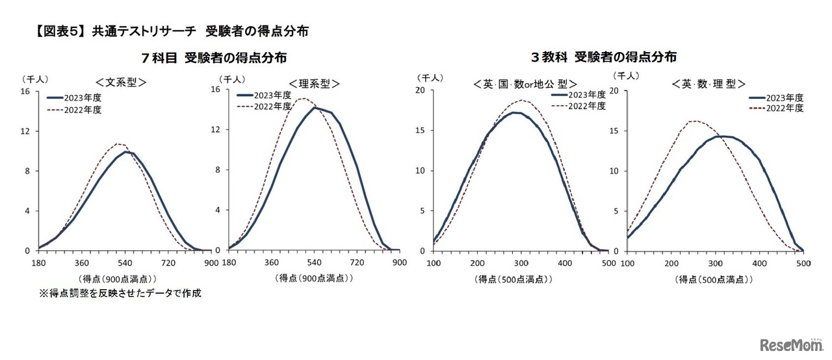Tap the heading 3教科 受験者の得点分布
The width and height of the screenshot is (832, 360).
(x=604, y=57)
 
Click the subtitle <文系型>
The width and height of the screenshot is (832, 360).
(x=121, y=83)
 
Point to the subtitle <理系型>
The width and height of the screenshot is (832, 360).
(x=315, y=84)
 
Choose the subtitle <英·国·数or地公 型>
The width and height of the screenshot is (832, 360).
(x=517, y=84)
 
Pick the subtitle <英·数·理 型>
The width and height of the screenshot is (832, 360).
(x=708, y=84)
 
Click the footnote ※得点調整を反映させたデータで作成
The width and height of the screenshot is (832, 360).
(x=120, y=293)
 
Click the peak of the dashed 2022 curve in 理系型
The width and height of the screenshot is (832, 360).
(x=302, y=99)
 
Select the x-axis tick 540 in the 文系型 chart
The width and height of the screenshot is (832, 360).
(x=125, y=263)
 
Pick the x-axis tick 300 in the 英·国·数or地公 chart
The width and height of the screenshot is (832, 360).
(x=521, y=263)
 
